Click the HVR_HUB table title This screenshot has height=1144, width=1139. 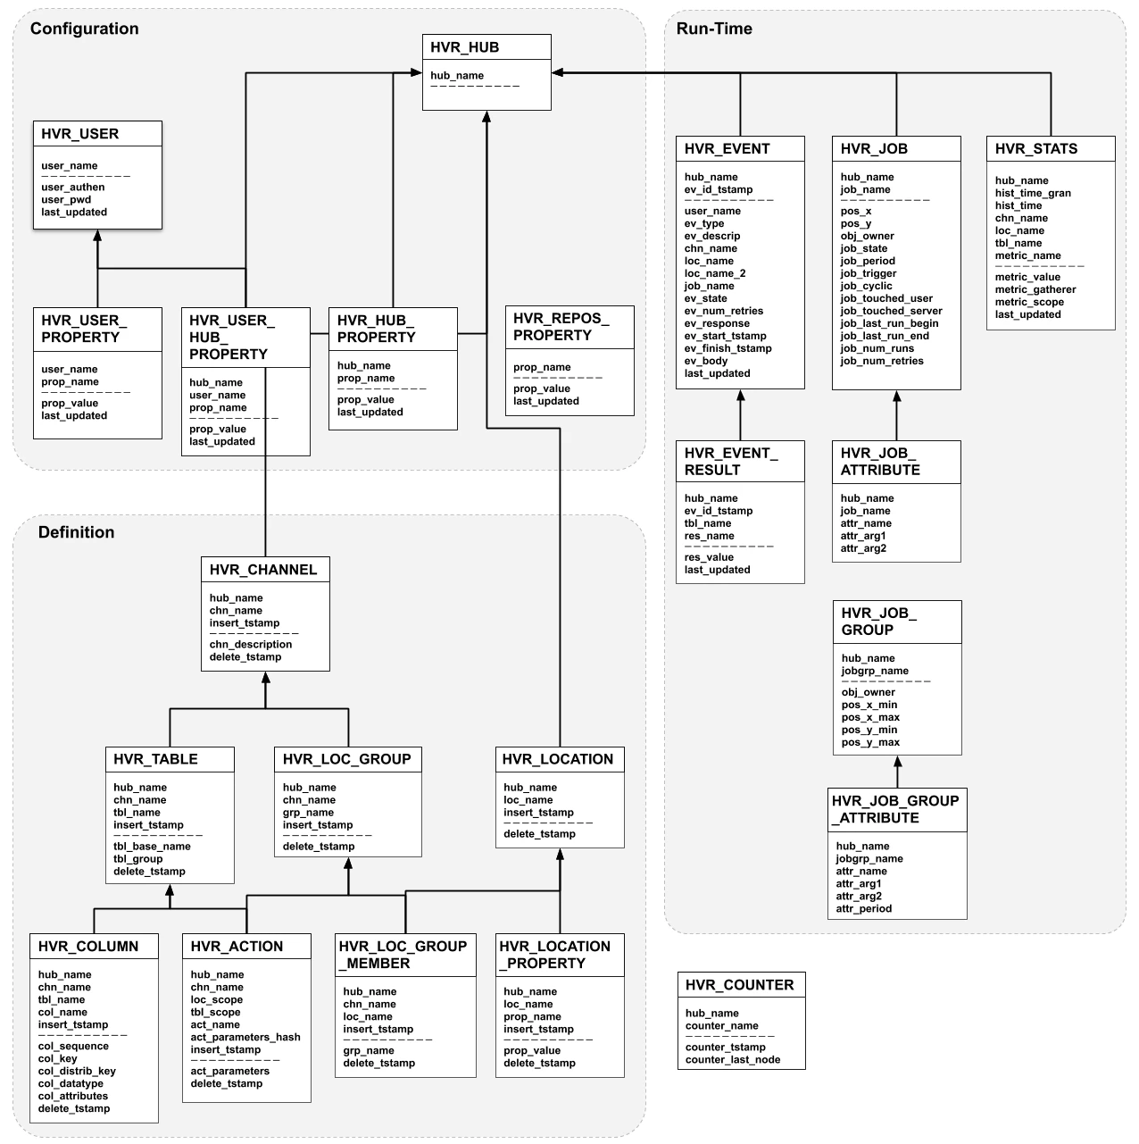coord(464,47)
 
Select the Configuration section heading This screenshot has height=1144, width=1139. coord(85,29)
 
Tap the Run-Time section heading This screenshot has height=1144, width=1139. coord(714,29)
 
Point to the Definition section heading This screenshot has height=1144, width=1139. coord(76,532)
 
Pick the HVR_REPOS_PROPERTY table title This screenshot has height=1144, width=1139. coord(561,327)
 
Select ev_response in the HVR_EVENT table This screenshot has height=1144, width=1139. coord(717,323)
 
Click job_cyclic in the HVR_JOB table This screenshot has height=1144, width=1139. coord(866,286)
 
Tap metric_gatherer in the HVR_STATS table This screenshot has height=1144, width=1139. coord(1035,289)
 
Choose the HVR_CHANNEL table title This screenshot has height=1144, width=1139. coord(263,570)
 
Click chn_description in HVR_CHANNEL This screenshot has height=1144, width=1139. coord(251,644)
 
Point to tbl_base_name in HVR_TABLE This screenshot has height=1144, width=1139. coord(152,846)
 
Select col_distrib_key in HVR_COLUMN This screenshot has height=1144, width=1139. coord(77,1071)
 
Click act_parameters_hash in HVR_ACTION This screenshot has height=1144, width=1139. coord(245,1037)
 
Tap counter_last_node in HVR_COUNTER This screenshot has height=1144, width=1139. coord(733,1060)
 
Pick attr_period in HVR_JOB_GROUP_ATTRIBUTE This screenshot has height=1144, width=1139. coord(864,908)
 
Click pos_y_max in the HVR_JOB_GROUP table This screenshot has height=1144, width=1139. coord(870,742)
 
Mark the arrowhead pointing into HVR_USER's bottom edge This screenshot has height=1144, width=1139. coord(97,235)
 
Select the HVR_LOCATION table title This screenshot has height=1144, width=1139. coord(558,759)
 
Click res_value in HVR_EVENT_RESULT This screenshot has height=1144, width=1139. coord(709,557)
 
